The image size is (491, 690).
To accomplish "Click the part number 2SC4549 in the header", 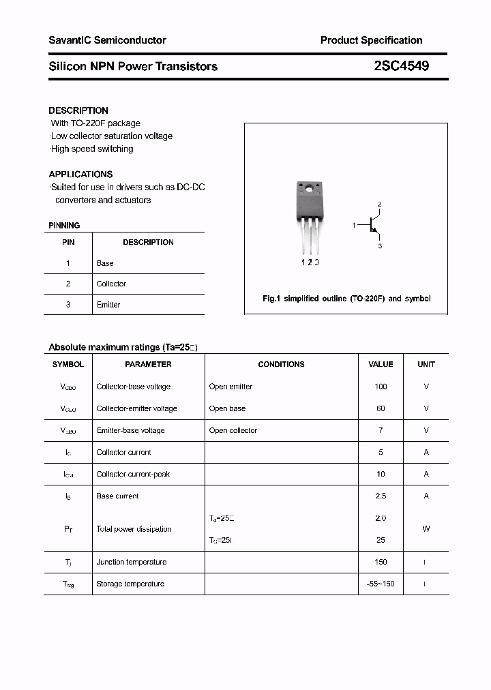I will tap(401, 66).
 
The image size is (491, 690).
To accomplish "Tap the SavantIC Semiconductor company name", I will tap(107, 40).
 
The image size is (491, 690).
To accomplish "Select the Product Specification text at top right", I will tap(371, 40).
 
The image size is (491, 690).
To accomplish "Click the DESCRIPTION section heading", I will tap(78, 110).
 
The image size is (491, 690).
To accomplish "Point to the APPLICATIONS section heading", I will tap(80, 175).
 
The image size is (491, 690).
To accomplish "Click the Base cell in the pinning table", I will tap(105, 263).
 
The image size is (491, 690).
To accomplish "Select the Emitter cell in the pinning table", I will tap(108, 305).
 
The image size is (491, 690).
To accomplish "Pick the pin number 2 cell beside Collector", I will tap(68, 284).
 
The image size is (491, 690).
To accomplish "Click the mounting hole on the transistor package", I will tap(310, 188).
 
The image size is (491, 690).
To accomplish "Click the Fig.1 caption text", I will tap(346, 299).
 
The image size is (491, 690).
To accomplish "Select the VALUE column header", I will tap(381, 364).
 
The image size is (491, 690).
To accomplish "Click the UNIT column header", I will tap(426, 364).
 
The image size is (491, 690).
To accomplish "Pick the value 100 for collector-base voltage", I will tap(381, 387).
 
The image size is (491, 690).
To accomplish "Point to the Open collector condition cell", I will tap(233, 430).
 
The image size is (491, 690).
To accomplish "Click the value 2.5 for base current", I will tap(381, 496).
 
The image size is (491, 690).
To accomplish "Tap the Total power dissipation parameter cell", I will tap(134, 529).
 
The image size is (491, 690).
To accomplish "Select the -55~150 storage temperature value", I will tap(381, 584).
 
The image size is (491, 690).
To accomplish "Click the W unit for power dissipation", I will tap(426, 529).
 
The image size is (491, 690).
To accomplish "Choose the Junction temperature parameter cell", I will tap(131, 562).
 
